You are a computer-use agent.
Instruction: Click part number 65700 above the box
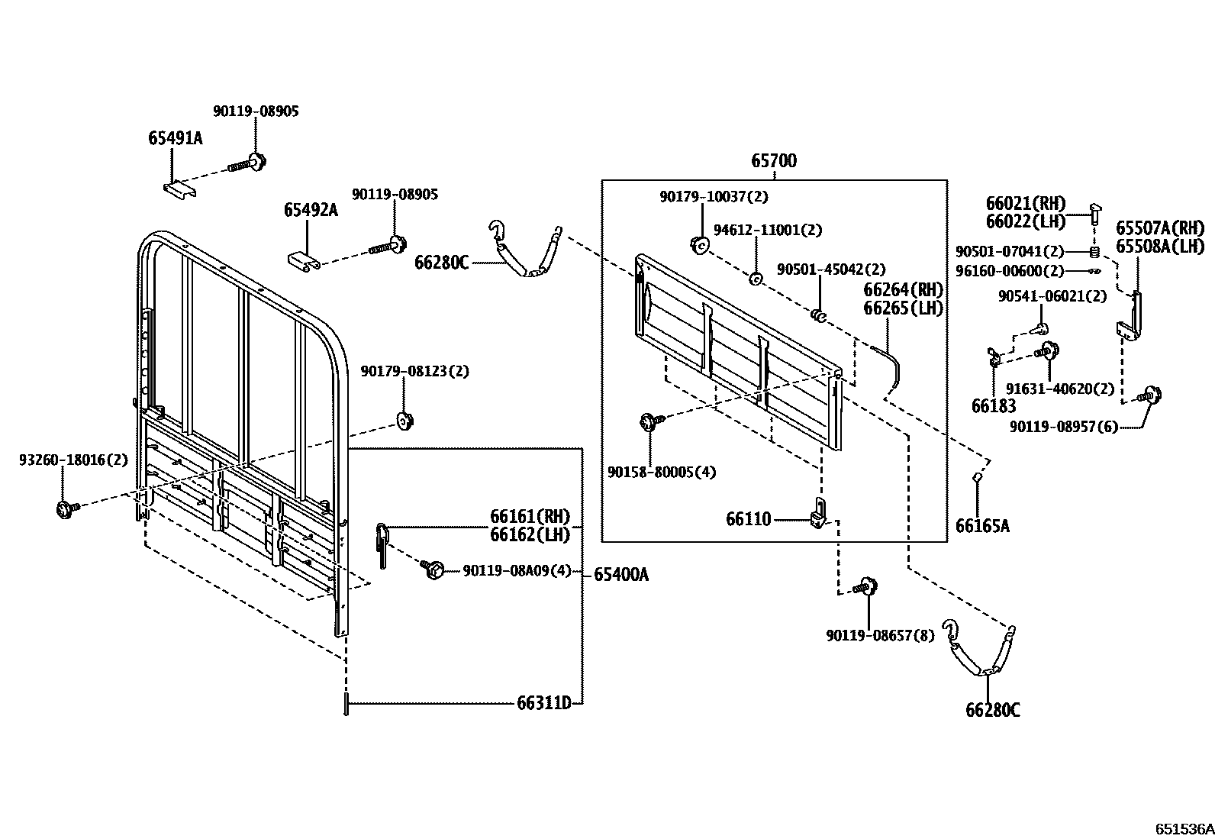coord(773,161)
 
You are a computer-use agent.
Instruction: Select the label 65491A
coord(175,138)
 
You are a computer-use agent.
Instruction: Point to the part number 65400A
coord(620,574)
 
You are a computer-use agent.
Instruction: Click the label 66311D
coord(543,702)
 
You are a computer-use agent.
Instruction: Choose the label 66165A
coord(982,525)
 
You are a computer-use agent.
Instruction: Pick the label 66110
coord(748,520)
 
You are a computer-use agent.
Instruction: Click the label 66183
coord(994,406)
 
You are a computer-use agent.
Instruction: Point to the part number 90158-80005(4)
coord(661,472)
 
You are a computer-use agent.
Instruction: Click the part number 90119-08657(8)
coord(879,634)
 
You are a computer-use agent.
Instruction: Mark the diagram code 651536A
coord(1183,828)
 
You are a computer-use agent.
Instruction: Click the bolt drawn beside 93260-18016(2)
coord(64,508)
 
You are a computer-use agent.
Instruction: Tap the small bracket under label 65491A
coord(180,190)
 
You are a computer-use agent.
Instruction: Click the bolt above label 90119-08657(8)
coord(866,587)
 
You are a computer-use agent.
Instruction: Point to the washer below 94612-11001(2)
coord(755,279)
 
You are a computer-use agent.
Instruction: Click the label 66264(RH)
coord(903,290)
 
